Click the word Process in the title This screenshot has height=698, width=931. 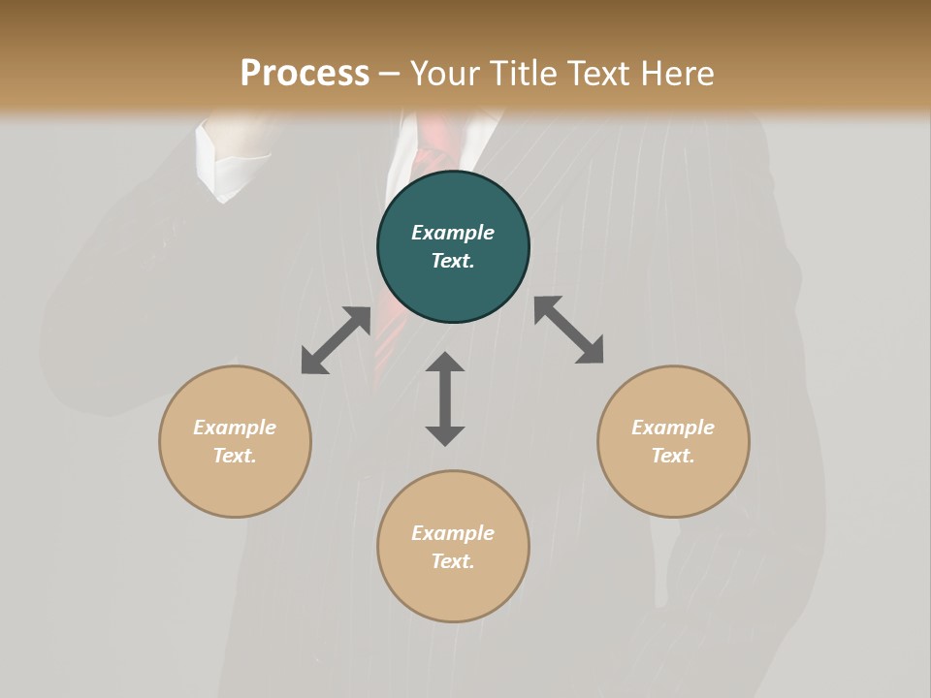pos(305,74)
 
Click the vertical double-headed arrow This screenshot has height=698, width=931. pos(445,398)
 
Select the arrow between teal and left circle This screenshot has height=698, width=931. pos(336,340)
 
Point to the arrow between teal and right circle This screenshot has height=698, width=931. pos(569,330)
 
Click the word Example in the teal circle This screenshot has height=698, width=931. pos(453,233)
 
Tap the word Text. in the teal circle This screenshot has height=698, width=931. pos(453,261)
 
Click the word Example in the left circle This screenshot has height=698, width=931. pos(235,428)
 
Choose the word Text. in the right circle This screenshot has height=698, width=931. pos(673,456)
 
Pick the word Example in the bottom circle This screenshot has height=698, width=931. pos(453,533)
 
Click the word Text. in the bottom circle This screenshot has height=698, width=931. pos(453,561)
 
